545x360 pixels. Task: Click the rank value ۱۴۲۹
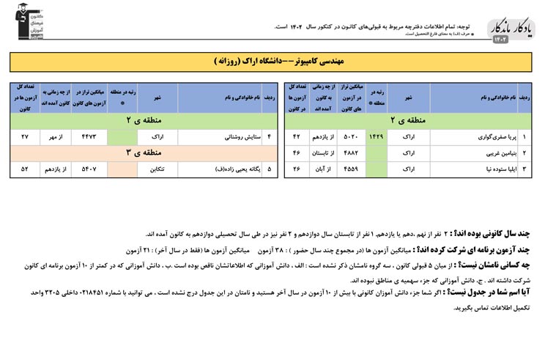pos(375,137)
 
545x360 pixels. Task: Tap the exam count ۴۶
pos(296,154)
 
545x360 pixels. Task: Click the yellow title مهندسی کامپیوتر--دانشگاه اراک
pos(272,62)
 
